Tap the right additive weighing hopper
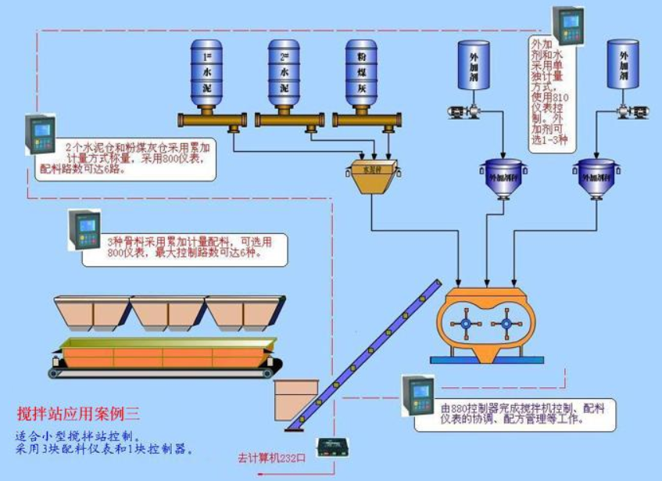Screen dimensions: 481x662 click(599, 177)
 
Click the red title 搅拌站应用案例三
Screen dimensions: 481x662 click(79, 412)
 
